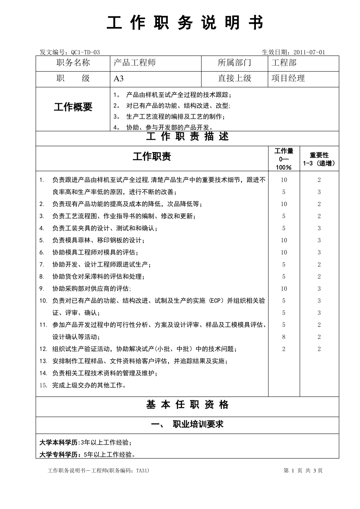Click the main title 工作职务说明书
click(x=185, y=23)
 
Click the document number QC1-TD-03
click(x=85, y=52)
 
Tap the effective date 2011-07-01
click(x=309, y=52)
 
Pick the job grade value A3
click(x=119, y=79)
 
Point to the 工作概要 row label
click(x=73, y=107)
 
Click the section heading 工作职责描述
click(x=187, y=137)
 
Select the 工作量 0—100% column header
click(x=284, y=159)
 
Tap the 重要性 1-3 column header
click(x=319, y=159)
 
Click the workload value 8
click(x=284, y=337)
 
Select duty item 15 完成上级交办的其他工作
click(x=89, y=385)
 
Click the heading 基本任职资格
click(x=187, y=405)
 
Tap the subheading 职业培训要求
click(x=198, y=424)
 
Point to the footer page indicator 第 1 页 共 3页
click(x=303, y=471)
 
